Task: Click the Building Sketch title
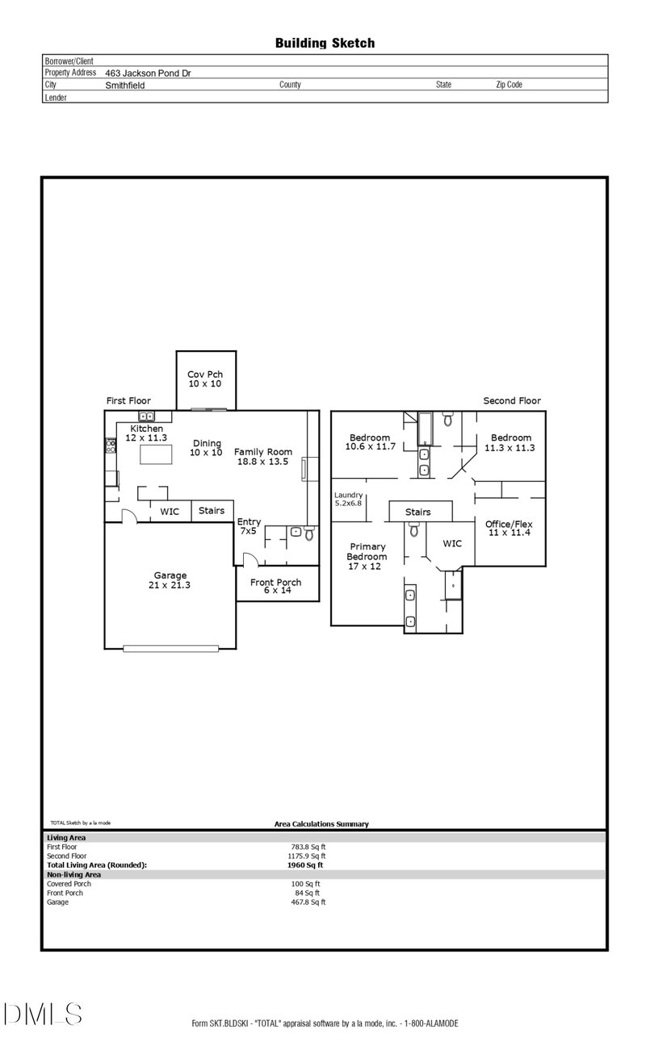[x=325, y=44]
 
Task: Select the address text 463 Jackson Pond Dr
[x=148, y=73]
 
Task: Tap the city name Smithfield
[x=125, y=86]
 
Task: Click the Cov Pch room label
[x=205, y=375]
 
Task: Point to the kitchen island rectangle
[x=156, y=454]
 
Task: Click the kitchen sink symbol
[x=146, y=416]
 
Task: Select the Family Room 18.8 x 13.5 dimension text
[x=262, y=462]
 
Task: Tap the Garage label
[x=170, y=575]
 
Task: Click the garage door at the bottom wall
[x=171, y=648]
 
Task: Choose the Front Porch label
[x=276, y=582]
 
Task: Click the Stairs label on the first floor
[x=212, y=511]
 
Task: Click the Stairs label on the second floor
[x=417, y=512]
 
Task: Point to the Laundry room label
[x=348, y=495]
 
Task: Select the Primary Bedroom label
[x=367, y=551]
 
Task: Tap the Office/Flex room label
[x=509, y=524]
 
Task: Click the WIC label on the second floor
[x=452, y=543]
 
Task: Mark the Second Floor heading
[x=512, y=400]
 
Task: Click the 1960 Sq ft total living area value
[x=305, y=864]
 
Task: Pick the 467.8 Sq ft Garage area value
[x=308, y=902]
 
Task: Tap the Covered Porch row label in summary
[x=69, y=884]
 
